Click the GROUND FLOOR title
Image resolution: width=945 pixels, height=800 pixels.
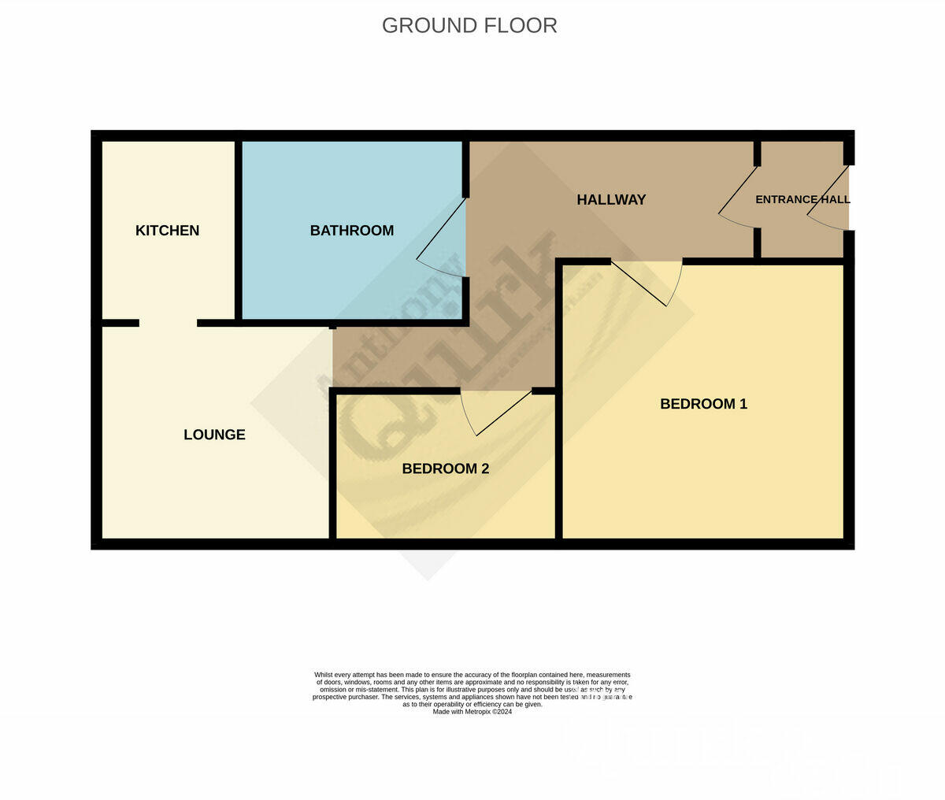click(469, 25)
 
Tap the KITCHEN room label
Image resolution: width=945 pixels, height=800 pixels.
click(167, 231)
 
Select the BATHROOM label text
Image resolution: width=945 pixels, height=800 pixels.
click(351, 231)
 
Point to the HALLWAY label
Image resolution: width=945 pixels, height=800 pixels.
click(611, 200)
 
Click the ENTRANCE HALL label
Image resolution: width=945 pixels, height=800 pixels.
click(802, 200)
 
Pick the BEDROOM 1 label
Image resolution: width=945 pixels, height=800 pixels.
click(703, 404)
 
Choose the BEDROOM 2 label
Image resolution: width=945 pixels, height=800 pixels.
click(445, 469)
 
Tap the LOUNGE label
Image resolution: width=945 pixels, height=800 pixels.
click(214, 435)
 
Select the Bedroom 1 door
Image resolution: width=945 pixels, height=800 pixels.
click(642, 283)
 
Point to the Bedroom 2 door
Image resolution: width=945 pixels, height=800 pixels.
click(502, 413)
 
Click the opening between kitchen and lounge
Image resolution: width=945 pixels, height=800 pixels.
click(168, 323)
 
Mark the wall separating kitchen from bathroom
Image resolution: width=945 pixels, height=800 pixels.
click(238, 228)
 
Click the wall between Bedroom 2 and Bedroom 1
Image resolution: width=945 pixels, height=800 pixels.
click(558, 465)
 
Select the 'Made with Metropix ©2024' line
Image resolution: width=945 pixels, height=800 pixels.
click(472, 712)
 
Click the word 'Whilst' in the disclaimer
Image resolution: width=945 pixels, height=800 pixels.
click(323, 675)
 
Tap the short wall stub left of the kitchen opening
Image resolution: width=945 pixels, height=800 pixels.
click(120, 323)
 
